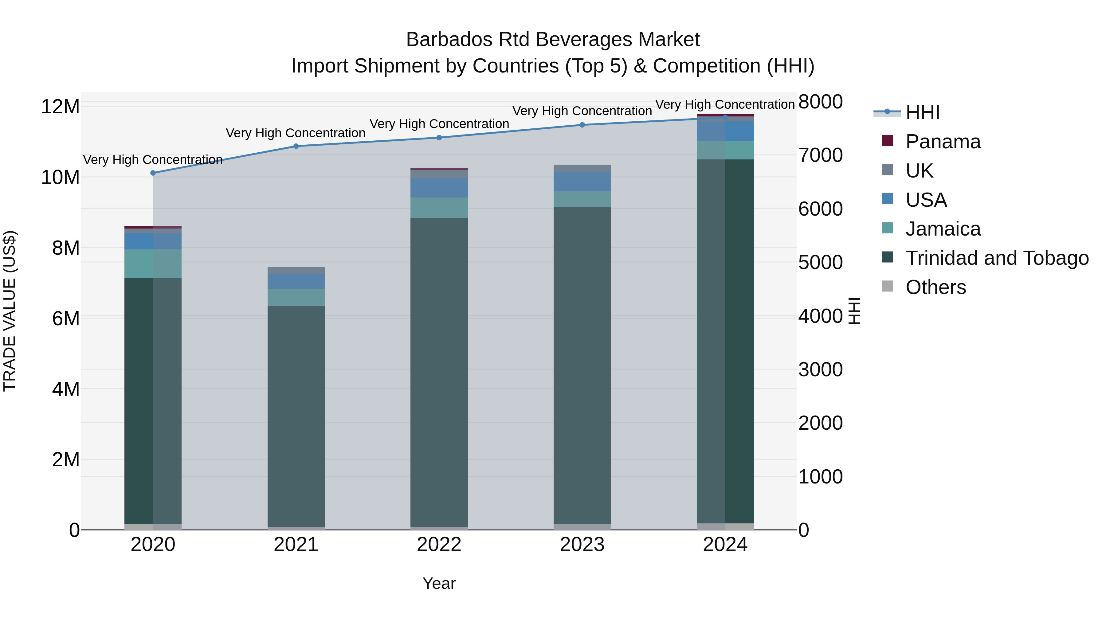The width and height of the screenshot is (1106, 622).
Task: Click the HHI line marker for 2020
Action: click(153, 173)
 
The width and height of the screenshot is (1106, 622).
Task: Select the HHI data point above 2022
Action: click(439, 138)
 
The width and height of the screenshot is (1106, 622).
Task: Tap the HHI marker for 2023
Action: click(582, 125)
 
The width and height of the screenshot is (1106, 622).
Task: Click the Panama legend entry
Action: click(943, 142)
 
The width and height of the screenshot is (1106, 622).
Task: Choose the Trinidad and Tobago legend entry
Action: click(997, 258)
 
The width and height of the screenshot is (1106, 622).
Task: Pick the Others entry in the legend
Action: click(935, 287)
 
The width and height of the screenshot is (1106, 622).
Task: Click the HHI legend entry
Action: click(922, 112)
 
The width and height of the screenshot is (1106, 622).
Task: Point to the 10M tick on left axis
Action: click(60, 177)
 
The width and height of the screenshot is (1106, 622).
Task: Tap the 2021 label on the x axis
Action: click(296, 545)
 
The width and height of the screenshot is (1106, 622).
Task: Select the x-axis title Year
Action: click(439, 583)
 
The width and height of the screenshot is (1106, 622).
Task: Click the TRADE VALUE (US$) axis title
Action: click(10, 311)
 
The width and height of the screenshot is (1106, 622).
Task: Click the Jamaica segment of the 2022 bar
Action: click(439, 208)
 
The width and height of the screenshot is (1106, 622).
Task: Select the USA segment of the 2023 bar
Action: click(582, 182)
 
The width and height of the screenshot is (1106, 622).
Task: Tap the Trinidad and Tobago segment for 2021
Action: click(296, 417)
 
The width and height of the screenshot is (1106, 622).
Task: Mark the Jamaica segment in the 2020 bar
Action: click(153, 264)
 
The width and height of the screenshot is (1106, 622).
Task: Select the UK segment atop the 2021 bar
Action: click(296, 270)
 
